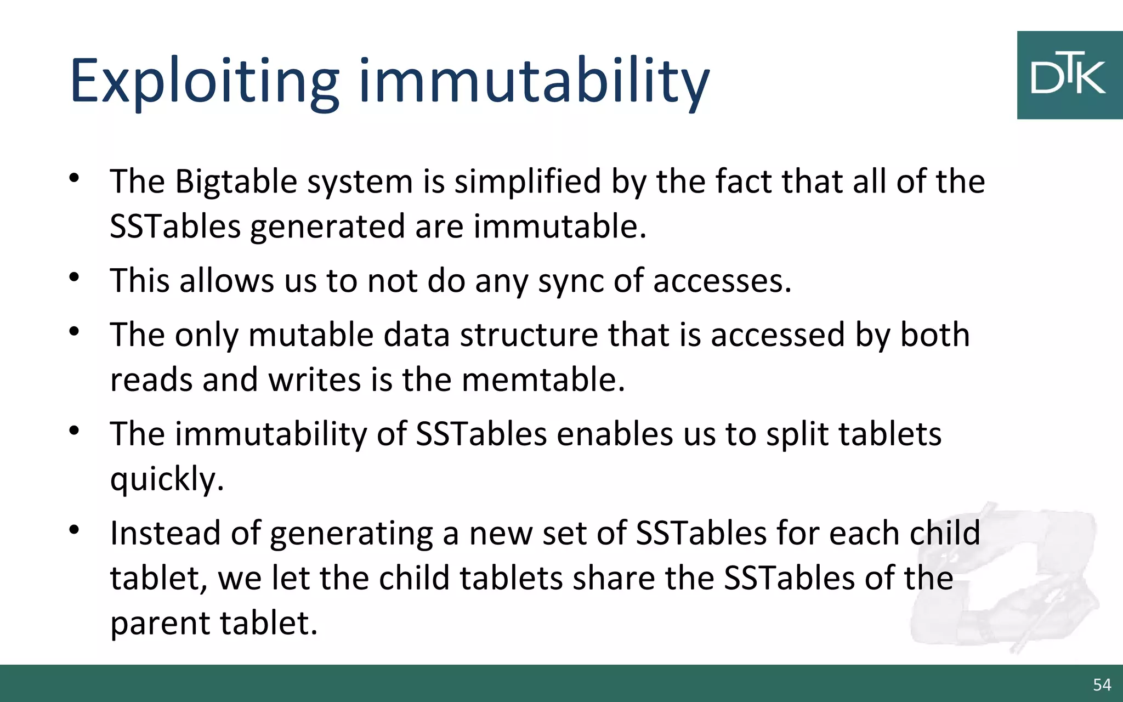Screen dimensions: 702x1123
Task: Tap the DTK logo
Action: (1069, 75)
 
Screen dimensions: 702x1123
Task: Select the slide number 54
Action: (1102, 684)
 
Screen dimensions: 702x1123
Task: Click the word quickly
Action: (167, 480)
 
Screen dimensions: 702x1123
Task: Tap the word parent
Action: (160, 624)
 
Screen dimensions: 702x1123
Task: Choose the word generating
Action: (351, 534)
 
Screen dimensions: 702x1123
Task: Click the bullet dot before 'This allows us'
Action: (75, 277)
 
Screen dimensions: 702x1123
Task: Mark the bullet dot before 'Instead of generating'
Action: (75, 530)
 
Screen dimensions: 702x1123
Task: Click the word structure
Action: (529, 335)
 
